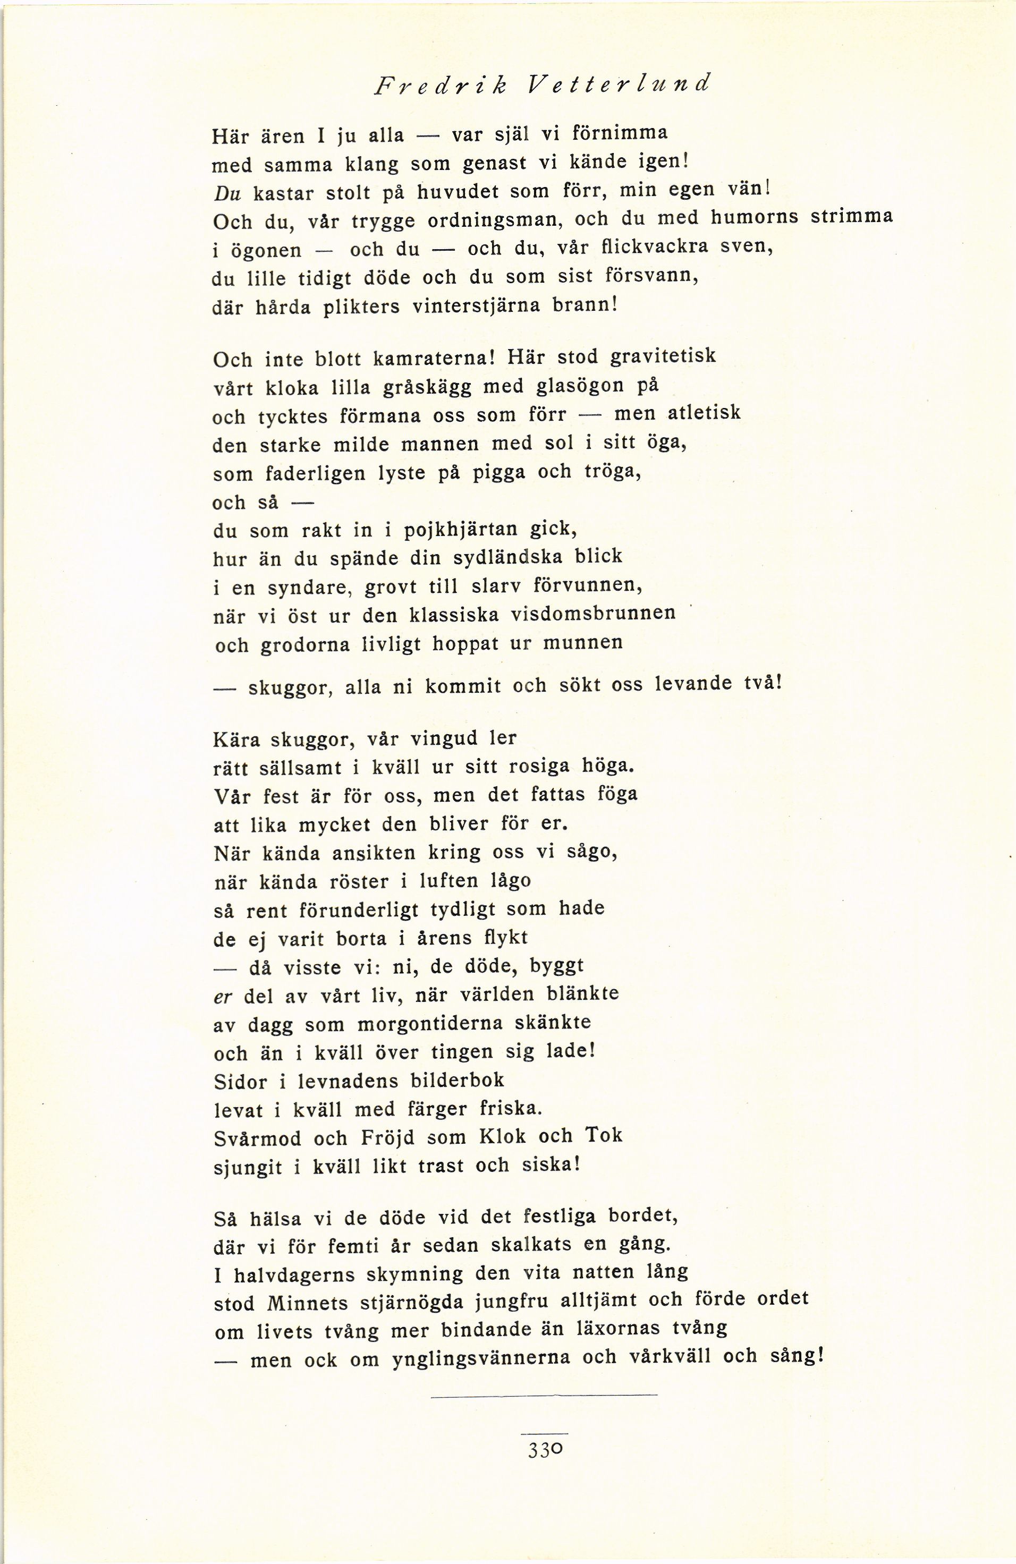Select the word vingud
pyautogui.click(x=444, y=738)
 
